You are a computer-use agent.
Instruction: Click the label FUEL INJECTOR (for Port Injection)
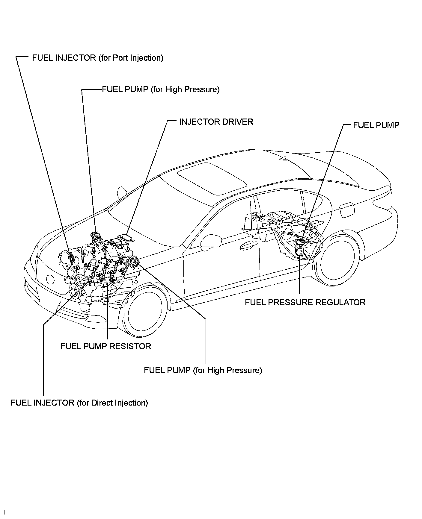pos(97,58)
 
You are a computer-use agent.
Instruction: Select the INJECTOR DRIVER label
pos(216,122)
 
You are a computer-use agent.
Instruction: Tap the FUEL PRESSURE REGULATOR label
pos(305,302)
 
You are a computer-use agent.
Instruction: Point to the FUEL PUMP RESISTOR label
pos(106,346)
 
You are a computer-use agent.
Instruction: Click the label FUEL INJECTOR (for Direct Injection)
pos(79,403)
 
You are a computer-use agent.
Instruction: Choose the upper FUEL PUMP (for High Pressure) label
pos(161,89)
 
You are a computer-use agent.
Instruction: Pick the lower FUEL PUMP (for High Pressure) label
pos(203,370)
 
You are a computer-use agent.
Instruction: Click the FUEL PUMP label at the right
pos(376,125)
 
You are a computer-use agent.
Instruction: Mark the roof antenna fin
pos(283,158)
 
